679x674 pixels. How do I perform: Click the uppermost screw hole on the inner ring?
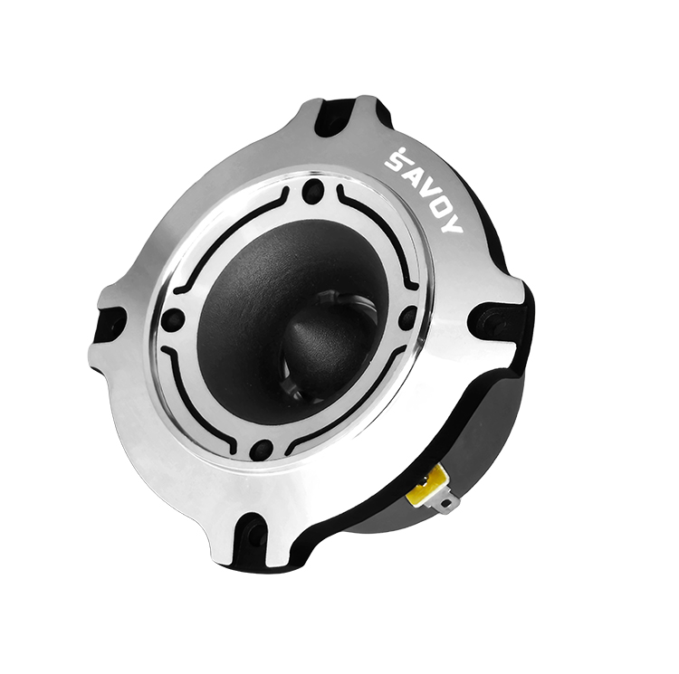pos(313,192)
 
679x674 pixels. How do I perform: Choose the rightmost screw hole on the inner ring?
pos(407,318)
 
